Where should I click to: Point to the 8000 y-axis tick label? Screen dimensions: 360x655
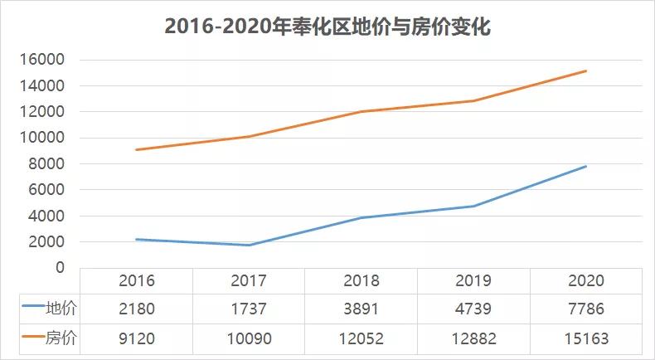click(47, 164)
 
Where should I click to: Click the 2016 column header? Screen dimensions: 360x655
click(137, 281)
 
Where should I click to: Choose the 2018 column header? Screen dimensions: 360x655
click(361, 281)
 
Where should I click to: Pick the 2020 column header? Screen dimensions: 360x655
click(586, 281)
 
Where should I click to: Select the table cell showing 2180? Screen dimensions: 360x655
click(137, 309)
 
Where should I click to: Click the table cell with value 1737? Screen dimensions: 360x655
click(250, 309)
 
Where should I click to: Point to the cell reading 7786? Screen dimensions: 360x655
click(586, 309)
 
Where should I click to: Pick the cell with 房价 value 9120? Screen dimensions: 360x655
click(137, 338)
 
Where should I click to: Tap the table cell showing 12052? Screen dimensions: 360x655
click(361, 338)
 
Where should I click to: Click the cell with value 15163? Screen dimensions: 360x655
click(586, 338)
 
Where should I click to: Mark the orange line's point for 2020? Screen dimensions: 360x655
click(586, 71)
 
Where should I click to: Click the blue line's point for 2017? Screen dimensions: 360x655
click(250, 245)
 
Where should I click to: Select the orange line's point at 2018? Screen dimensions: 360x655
click(361, 111)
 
